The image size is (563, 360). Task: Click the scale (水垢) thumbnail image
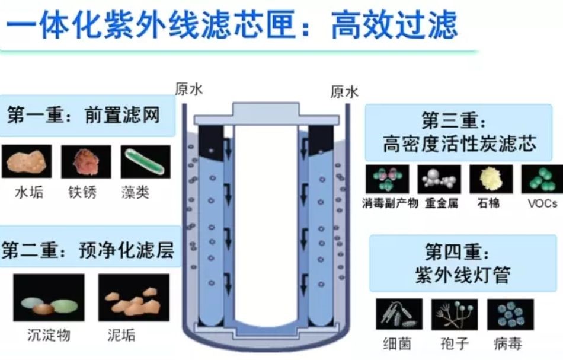(26, 162)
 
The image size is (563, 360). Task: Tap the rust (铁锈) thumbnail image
(86, 162)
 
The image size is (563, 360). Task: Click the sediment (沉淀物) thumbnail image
(49, 298)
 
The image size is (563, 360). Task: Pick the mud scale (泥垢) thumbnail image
(134, 298)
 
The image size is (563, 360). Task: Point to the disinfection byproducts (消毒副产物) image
(386, 179)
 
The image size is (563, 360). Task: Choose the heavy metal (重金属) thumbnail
(439, 179)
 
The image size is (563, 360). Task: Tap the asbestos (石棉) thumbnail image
(491, 179)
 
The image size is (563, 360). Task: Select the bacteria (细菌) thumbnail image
(399, 314)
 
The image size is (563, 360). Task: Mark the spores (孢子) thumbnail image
(455, 314)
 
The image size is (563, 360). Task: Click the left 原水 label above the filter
(189, 89)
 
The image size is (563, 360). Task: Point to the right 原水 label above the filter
(344, 92)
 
